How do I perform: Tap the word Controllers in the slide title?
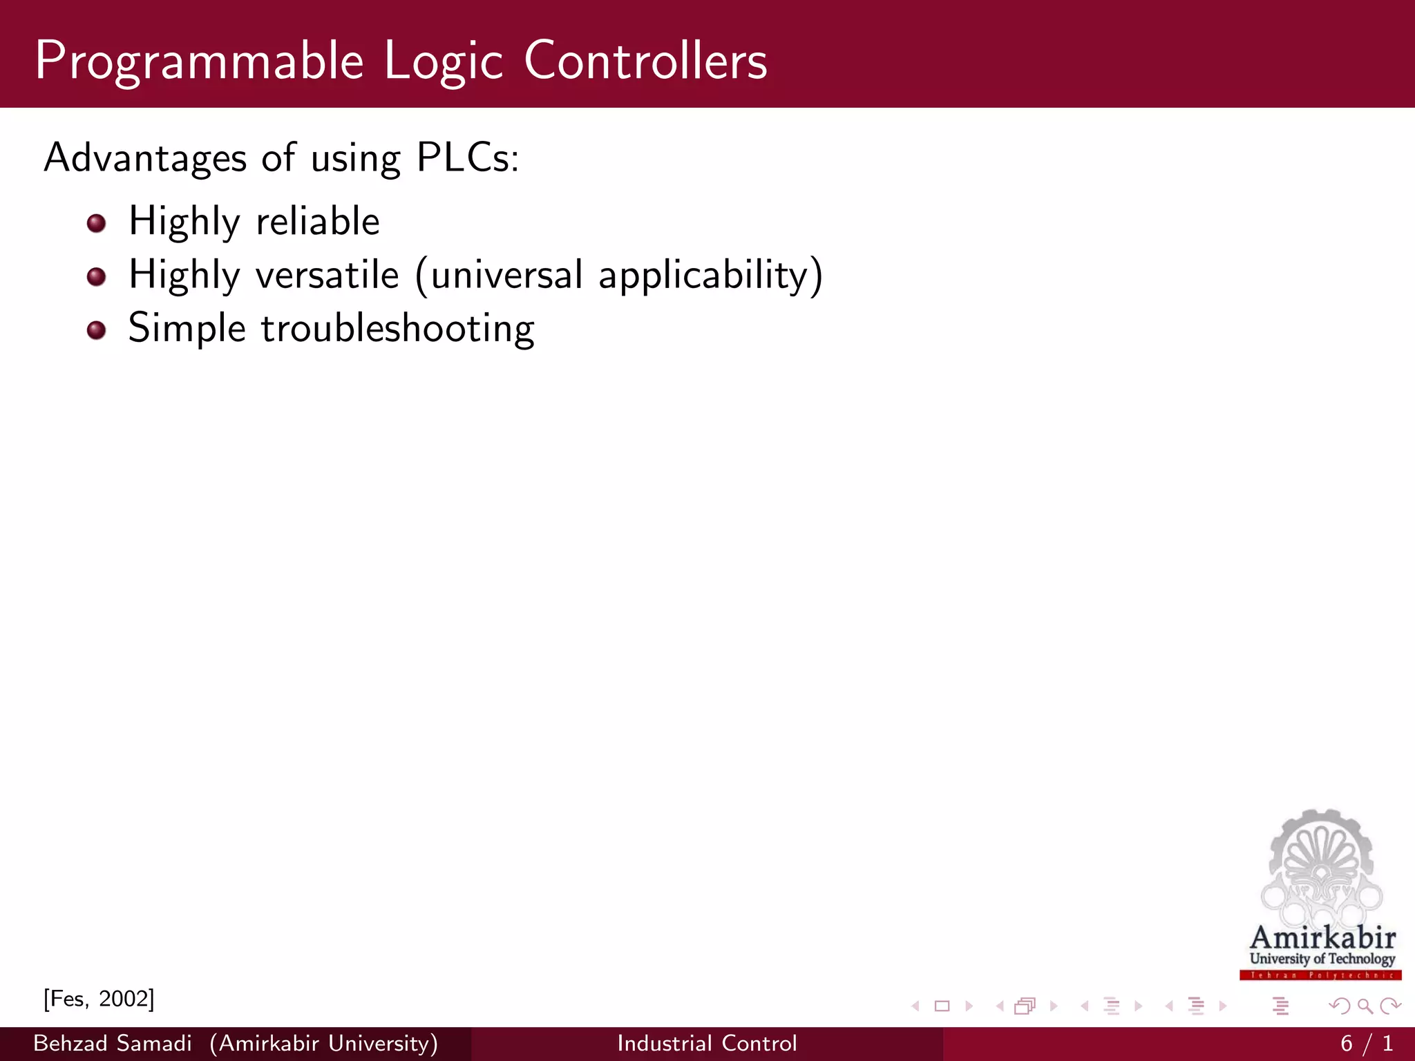point(645,61)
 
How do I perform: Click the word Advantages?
point(145,158)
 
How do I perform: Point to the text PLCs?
point(467,158)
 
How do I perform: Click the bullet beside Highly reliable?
point(97,223)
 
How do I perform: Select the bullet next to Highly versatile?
point(97,277)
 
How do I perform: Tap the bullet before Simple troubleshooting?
point(97,330)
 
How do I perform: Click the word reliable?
point(318,222)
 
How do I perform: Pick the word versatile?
point(327,275)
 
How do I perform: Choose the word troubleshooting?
point(397,329)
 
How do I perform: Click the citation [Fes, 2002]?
point(99,999)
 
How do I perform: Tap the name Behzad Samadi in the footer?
point(113,1043)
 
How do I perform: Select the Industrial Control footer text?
point(707,1043)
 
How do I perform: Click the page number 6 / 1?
point(1366,1043)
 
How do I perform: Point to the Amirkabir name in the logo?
point(1322,937)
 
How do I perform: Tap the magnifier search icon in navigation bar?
point(1365,1006)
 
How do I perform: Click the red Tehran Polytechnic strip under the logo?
point(1320,975)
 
